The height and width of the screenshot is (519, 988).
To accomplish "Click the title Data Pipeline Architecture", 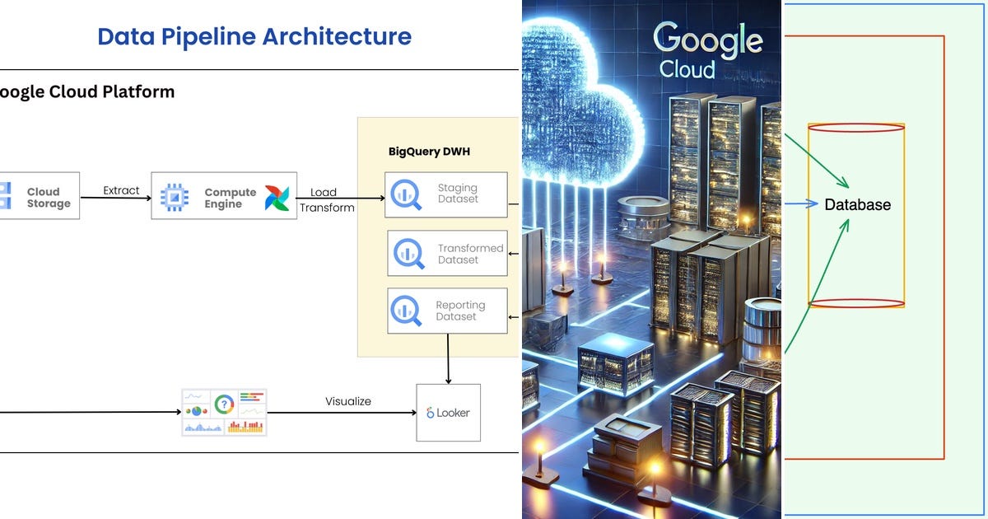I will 254,36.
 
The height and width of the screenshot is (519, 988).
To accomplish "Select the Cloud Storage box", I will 39,196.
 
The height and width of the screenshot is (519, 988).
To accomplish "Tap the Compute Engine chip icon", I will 174,197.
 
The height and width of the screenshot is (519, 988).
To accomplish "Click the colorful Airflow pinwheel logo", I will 277,198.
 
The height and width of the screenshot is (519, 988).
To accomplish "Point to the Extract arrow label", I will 121,190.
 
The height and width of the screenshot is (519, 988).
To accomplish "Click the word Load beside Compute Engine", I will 323,193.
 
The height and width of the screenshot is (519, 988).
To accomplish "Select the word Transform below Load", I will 327,208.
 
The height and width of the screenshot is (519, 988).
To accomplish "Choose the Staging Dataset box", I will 446,194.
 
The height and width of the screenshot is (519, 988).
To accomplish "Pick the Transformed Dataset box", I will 447,254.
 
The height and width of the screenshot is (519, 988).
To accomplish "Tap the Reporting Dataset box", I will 447,311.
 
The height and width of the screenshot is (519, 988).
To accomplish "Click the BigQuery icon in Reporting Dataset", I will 408,311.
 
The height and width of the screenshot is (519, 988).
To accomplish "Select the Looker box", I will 448,412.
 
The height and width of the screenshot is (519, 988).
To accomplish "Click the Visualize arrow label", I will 347,401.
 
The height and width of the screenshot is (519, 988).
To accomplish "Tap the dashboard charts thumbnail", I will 224,412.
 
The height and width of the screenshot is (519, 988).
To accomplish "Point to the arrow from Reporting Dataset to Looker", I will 448,358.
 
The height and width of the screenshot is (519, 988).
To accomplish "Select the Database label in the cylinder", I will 857,204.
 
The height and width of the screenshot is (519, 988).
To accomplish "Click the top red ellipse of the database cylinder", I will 856,128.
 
